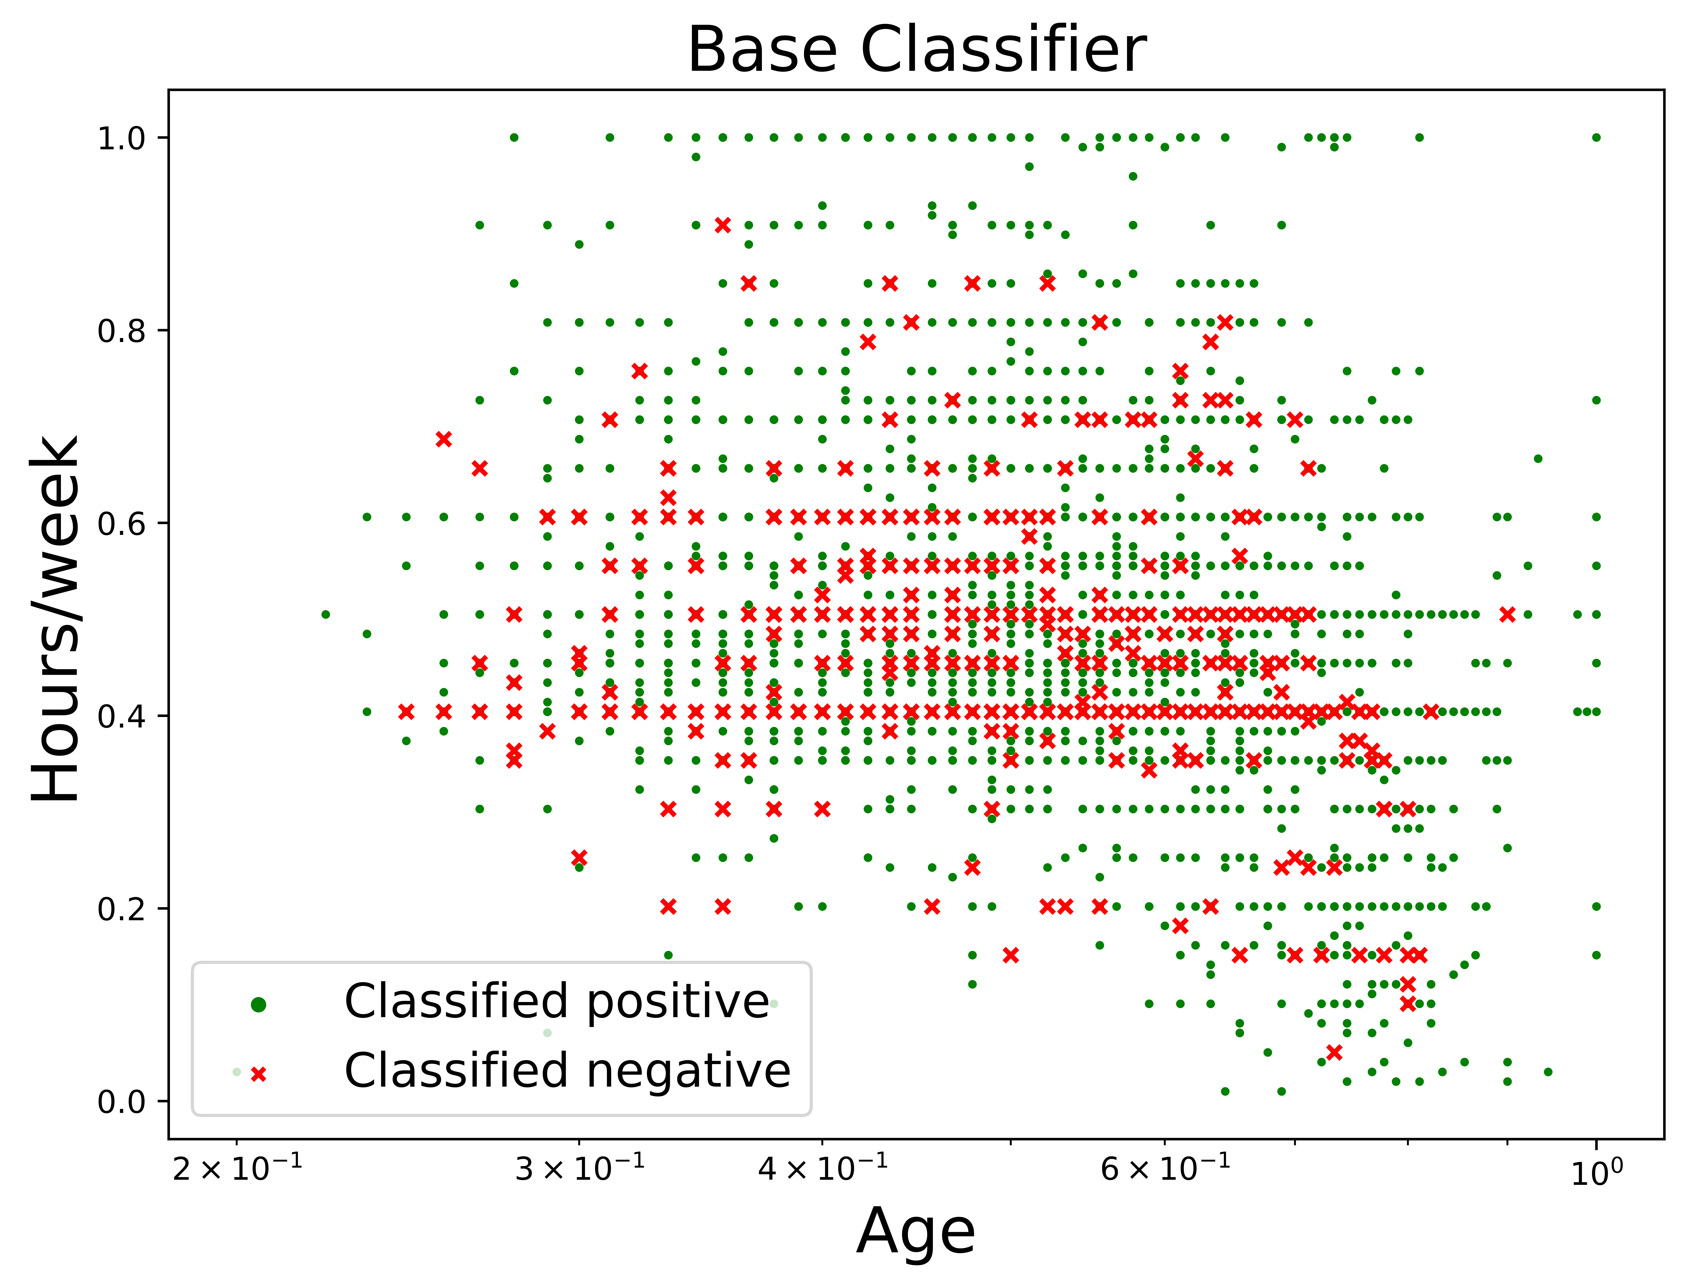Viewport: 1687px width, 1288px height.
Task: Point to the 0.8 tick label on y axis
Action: pos(121,331)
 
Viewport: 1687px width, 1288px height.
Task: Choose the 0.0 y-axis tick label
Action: pos(121,1102)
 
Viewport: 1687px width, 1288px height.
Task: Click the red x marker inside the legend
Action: pos(259,1074)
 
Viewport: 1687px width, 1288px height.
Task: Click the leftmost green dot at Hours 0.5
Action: pos(326,614)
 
